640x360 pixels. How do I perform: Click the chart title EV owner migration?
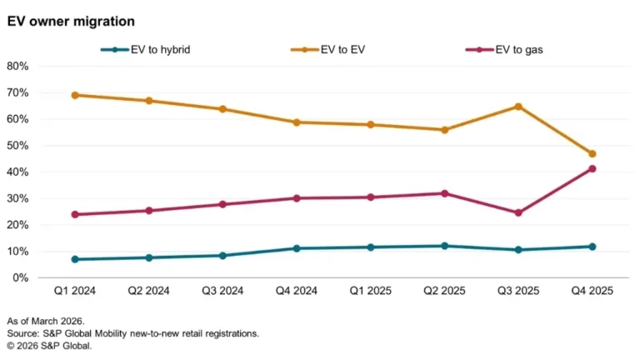70,20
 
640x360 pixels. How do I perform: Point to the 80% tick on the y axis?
18,66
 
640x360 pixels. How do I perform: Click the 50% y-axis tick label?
18,146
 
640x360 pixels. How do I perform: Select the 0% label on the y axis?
21,277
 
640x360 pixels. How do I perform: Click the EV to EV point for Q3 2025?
518,107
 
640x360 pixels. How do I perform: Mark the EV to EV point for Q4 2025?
592,154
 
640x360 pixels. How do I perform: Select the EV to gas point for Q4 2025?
592,169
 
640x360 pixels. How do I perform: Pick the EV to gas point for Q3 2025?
518,212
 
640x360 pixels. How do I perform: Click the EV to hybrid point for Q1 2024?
76,259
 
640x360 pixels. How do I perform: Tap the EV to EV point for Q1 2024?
76,95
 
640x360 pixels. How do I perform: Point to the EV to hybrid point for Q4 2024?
297,248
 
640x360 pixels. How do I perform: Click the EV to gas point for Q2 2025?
445,193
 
